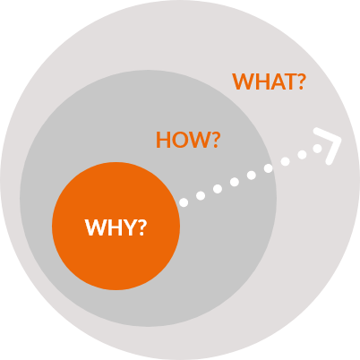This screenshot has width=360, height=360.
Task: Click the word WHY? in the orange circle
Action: coord(116,227)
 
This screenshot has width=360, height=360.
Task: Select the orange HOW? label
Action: coord(188,140)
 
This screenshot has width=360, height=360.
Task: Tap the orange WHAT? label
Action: coord(269,81)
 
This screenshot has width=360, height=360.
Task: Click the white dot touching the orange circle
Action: coord(184,202)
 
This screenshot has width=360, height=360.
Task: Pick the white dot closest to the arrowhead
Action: coord(319,149)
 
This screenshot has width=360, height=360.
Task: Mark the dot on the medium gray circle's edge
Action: coord(268,168)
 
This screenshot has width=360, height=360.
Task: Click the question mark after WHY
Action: coord(141,227)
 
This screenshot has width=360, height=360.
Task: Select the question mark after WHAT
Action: coord(300,81)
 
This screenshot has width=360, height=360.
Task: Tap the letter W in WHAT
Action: coord(242,81)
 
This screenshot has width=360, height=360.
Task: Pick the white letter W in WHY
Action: coord(95,227)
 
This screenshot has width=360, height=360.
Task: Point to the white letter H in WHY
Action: coord(114,227)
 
